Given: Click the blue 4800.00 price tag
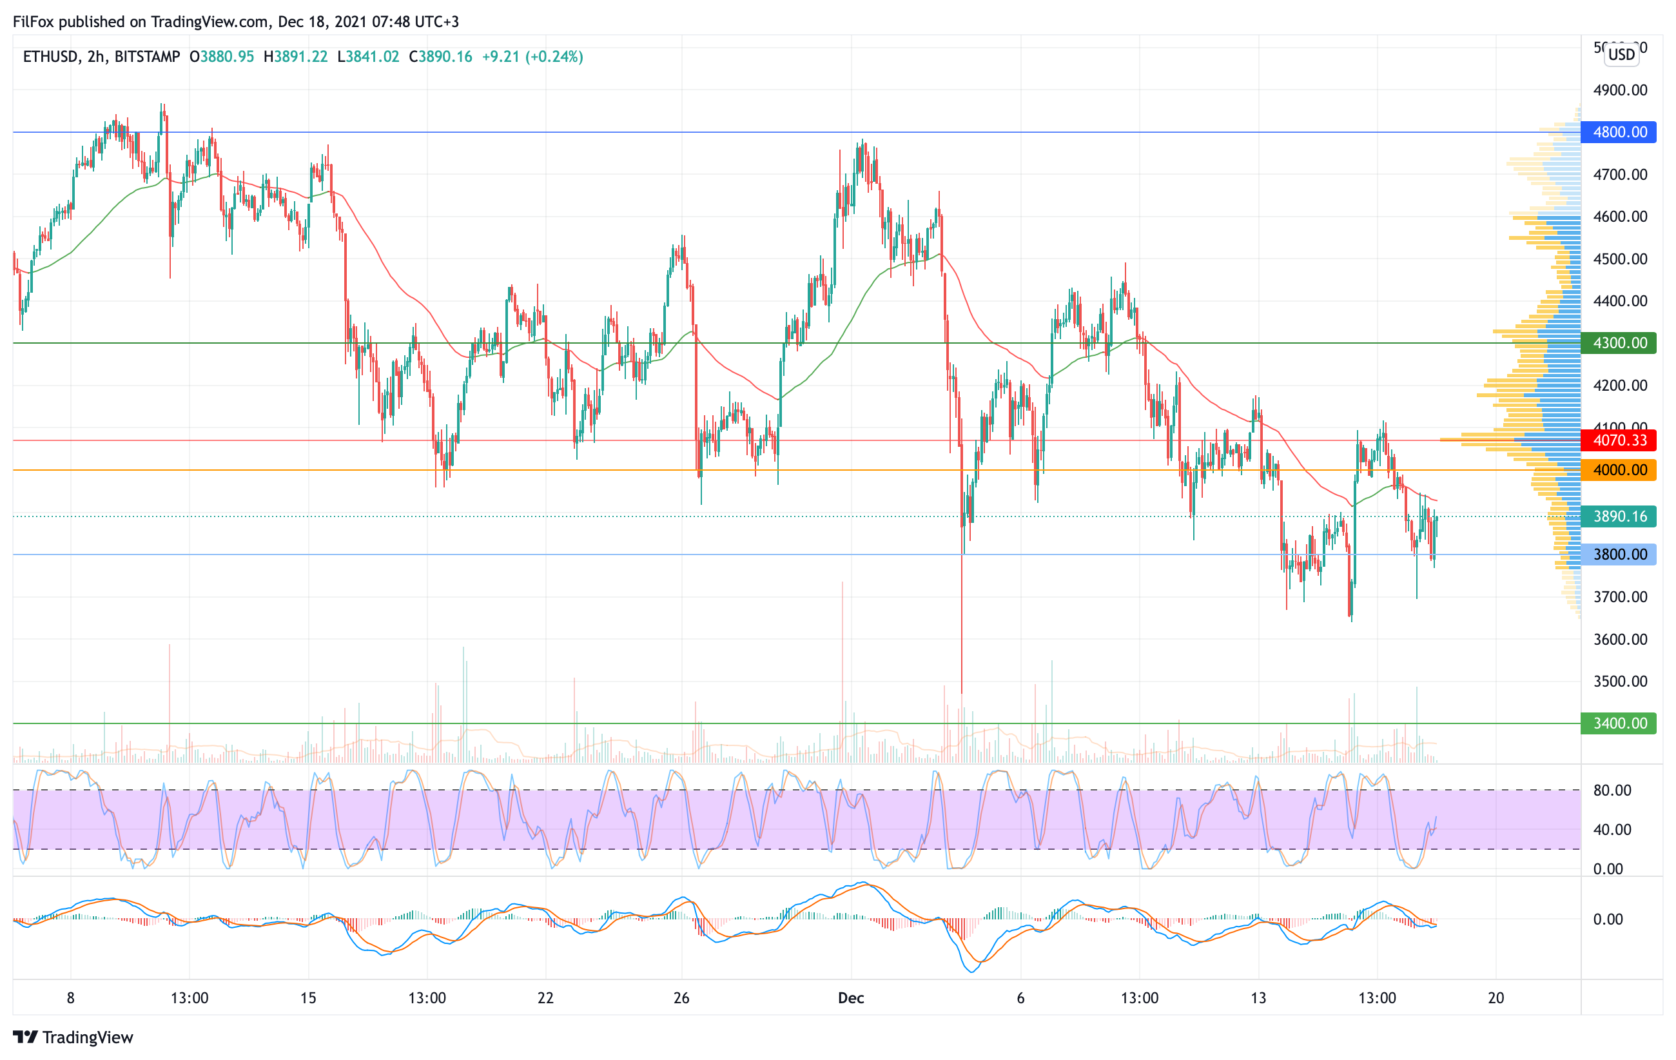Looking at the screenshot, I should (1618, 132).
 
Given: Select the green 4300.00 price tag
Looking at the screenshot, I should (1618, 343).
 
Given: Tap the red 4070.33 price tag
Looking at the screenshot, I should (1618, 440).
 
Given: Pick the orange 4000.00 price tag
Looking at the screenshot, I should (1618, 471).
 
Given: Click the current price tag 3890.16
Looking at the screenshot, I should (1618, 516).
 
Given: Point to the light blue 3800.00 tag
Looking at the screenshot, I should (1618, 555).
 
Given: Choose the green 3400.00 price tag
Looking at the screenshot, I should (1618, 724).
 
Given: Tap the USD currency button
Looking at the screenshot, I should (1621, 54).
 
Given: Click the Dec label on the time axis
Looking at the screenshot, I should (850, 998).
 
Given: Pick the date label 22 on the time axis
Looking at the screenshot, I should (546, 998).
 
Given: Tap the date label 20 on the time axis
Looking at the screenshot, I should (1496, 998).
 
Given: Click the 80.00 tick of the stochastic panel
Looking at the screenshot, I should (1612, 790).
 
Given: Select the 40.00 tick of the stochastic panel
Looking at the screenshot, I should (1612, 830).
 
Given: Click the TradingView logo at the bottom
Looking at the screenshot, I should (73, 1037).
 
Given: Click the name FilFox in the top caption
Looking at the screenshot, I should (34, 21).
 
